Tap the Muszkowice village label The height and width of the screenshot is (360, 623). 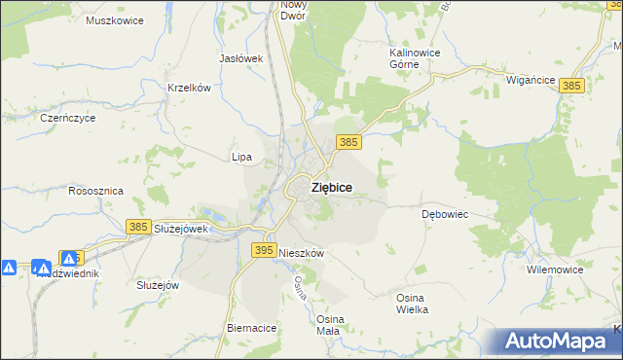pos(114,20)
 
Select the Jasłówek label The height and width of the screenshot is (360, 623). pos(241,58)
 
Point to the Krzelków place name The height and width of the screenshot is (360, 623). pos(189,88)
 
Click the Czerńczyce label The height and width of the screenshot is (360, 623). pos(66,117)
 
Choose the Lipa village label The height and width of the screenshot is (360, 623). pos(241,157)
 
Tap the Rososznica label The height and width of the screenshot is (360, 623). pos(95,192)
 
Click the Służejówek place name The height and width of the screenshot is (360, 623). pos(182,229)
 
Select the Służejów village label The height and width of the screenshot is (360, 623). pos(158,285)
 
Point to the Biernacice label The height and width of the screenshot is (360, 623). pos(252,329)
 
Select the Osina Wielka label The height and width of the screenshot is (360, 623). pos(412,303)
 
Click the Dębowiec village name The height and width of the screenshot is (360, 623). pos(445,213)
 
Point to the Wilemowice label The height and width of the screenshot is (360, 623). pos(553,269)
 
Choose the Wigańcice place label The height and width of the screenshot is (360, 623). pos(531,82)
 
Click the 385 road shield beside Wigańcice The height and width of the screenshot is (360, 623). pos(571,87)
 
